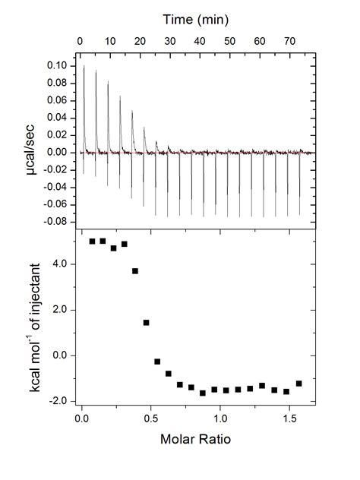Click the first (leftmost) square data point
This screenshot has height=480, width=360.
[x=93, y=242]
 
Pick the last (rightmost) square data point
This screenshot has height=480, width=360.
[x=299, y=384]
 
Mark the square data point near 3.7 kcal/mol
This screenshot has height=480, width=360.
[x=135, y=270]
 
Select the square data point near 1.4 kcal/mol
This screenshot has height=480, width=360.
[x=146, y=323]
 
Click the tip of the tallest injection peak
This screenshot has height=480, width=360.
[x=84, y=67]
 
